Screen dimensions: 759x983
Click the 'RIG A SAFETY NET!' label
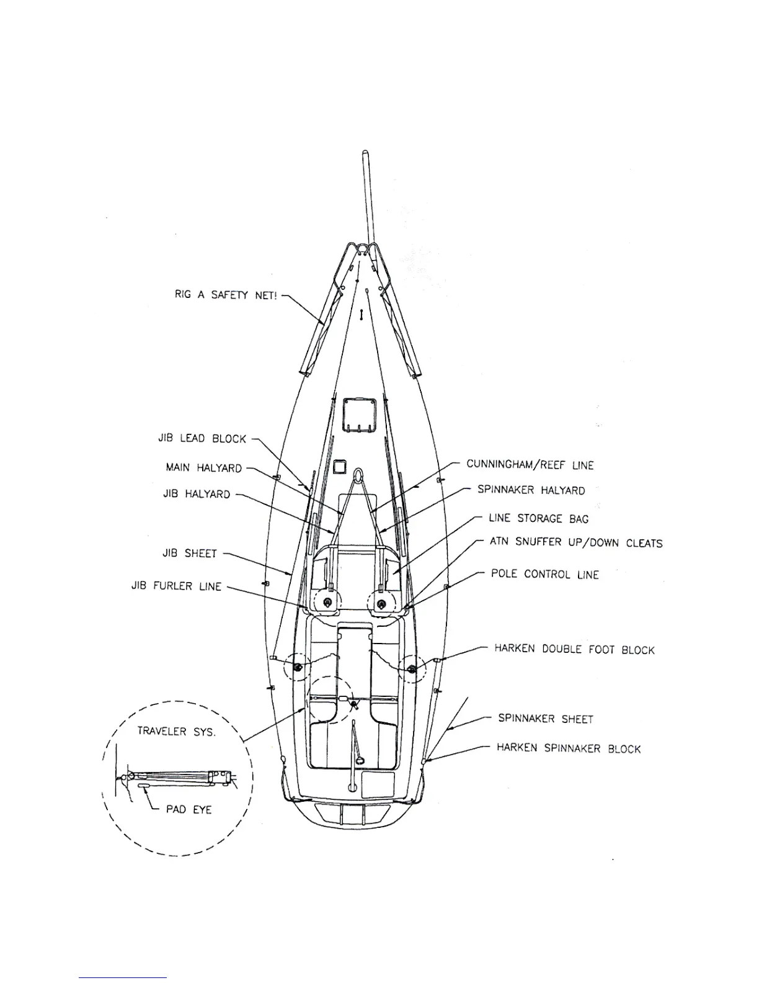pos(226,296)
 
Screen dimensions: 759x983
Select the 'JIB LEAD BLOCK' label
pos(202,439)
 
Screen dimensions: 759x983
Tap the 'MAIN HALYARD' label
pos(203,468)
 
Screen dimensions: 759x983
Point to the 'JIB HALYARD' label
pos(197,495)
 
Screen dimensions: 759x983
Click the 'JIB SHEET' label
pos(190,553)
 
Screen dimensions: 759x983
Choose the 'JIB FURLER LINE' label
pos(176,586)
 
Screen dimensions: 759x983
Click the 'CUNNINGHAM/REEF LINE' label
pos(530,465)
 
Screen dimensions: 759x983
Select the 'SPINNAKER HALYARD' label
pos(531,490)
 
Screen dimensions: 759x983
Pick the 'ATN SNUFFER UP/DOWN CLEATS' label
pos(575,543)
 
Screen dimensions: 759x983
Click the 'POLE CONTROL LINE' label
pos(544,574)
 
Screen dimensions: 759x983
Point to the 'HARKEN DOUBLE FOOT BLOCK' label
pos(574,650)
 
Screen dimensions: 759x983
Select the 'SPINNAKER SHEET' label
pos(546,719)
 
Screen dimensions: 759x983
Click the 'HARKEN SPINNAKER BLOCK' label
pos(568,748)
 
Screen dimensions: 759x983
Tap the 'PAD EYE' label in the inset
pos(189,809)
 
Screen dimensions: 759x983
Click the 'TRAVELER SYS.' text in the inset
pos(176,732)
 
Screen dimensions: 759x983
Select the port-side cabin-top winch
pos(327,602)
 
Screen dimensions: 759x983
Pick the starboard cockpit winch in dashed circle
pos(412,668)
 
